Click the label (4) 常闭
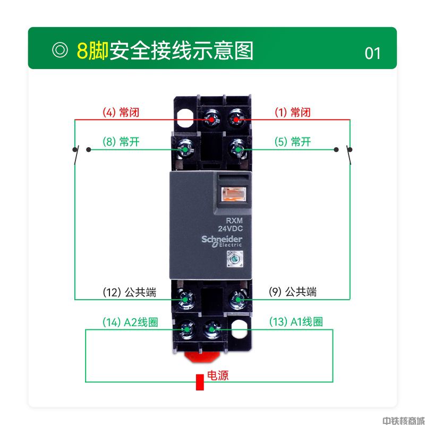(121, 112)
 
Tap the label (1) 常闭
(293, 112)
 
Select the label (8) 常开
(121, 142)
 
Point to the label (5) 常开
(293, 142)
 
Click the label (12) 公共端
(130, 293)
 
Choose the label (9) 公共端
(293, 292)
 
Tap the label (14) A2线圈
(130, 322)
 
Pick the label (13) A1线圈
(296, 322)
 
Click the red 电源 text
(218, 376)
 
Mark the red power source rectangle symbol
(200, 382)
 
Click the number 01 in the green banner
(372, 54)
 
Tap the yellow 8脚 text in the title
(92, 50)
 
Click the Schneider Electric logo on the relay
(222, 241)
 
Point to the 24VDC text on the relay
(231, 229)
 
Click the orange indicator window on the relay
(234, 194)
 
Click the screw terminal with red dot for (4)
(212, 120)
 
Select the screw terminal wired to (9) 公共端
(238, 299)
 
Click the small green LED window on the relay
(235, 259)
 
